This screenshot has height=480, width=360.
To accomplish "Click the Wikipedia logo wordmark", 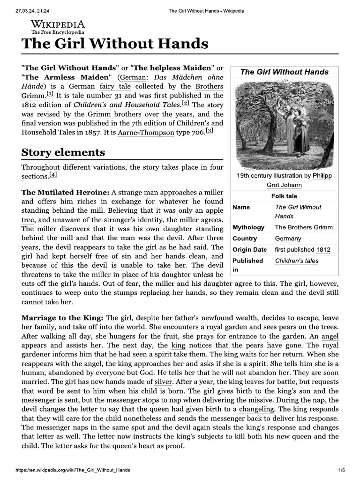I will (58, 25).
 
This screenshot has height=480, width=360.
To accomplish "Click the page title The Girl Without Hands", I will (115, 44).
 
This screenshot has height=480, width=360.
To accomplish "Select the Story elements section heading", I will (63, 152).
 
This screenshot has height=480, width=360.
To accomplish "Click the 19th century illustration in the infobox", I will (284, 124).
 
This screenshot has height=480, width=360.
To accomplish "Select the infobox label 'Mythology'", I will (248, 227).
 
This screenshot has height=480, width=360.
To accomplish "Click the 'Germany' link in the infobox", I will (288, 239).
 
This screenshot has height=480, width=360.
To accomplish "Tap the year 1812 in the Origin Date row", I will (323, 250).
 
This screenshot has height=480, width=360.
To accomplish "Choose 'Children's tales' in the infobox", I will (296, 261).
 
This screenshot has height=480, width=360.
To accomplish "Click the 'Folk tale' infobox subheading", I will (284, 196).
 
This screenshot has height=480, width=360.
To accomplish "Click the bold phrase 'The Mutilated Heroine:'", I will (66, 193).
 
